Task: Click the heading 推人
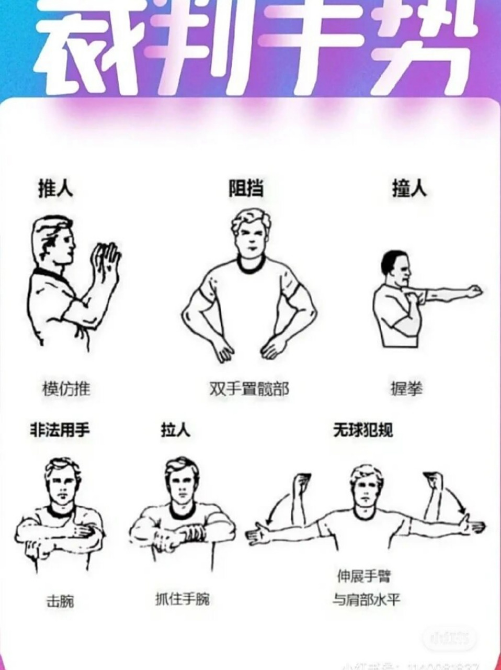55,188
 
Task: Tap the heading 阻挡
246,188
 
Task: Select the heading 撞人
409,188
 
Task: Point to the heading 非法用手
60,430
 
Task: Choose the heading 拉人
175,430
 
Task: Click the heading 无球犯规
363,430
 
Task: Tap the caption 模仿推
66,389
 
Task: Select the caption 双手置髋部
249,389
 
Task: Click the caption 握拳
406,389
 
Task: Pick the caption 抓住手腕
183,598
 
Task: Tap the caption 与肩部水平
366,599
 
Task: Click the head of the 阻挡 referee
250,233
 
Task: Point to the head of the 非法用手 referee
62,482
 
